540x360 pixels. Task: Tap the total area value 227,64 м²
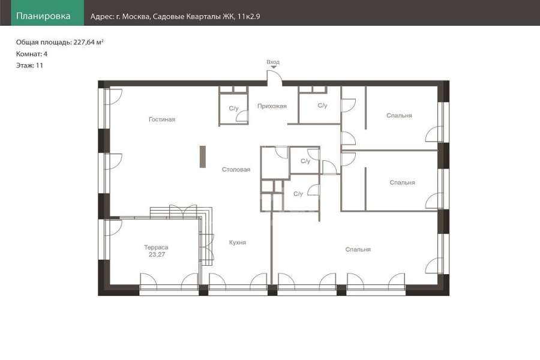[x=89, y=43]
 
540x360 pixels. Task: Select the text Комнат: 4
[x=32, y=54]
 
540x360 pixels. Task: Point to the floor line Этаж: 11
[x=29, y=65]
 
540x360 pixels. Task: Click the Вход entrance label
[x=273, y=62]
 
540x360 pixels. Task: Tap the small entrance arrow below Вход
[x=274, y=67]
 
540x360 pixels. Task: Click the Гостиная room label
[x=162, y=119]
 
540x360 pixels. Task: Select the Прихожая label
[x=272, y=106]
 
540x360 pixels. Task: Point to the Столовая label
[x=236, y=169]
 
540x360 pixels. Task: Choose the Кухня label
[x=238, y=242]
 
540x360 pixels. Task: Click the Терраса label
[x=156, y=247]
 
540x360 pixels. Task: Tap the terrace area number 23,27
[x=157, y=254]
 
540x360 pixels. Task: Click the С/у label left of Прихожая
[x=233, y=108]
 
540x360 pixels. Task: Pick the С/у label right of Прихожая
[x=322, y=106]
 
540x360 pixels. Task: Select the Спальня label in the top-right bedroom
[x=399, y=115]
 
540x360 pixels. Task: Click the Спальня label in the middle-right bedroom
[x=402, y=182]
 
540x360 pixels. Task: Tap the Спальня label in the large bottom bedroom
[x=358, y=250]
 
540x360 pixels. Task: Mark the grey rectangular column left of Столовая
[x=203, y=157]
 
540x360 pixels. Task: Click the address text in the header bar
[x=175, y=16]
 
